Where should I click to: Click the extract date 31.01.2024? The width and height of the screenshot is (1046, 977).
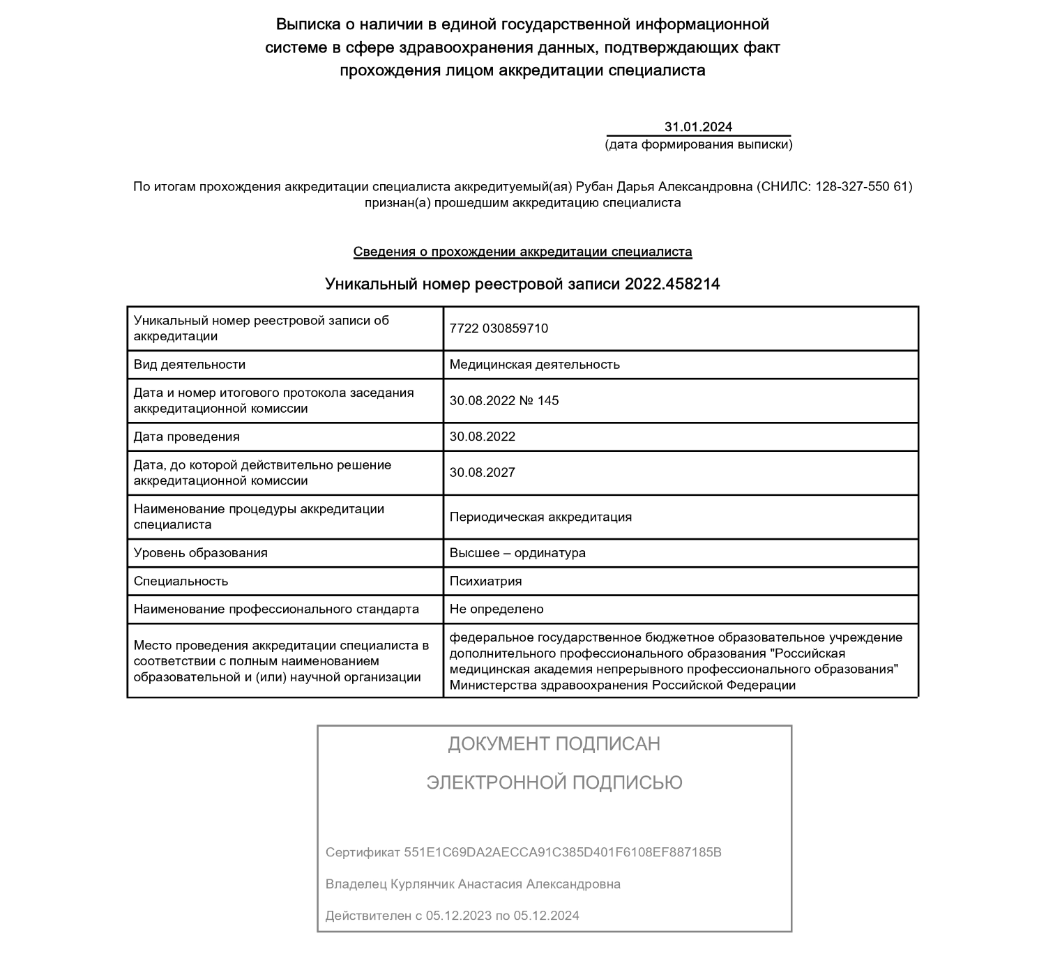click(698, 127)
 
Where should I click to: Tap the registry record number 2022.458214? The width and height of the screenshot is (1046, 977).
click(672, 285)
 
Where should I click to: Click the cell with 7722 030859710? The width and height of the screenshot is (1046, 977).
click(499, 328)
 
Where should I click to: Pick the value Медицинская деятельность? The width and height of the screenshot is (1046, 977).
click(534, 365)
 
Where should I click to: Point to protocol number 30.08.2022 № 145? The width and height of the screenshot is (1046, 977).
click(504, 401)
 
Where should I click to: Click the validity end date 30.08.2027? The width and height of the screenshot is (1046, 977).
click(483, 473)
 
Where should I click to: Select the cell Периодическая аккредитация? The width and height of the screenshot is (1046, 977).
click(540, 517)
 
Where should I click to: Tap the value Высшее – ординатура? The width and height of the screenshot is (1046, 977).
click(517, 553)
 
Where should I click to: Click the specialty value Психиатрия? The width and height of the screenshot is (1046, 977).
click(485, 582)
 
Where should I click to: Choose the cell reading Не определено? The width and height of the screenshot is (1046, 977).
click(497, 609)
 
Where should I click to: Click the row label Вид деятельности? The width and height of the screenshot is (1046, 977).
click(190, 365)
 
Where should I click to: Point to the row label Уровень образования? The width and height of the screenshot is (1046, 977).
click(201, 553)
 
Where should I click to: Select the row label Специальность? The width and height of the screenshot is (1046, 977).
click(181, 582)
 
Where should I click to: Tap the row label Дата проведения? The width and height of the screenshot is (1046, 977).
click(187, 437)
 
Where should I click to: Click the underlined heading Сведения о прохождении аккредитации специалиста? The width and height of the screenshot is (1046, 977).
click(522, 252)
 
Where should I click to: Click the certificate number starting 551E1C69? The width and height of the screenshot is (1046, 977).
click(562, 852)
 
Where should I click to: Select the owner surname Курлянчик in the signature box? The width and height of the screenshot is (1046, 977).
click(422, 884)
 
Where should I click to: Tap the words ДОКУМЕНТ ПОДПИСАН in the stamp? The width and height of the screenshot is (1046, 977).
click(554, 744)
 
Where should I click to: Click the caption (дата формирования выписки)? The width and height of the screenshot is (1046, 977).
click(698, 145)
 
